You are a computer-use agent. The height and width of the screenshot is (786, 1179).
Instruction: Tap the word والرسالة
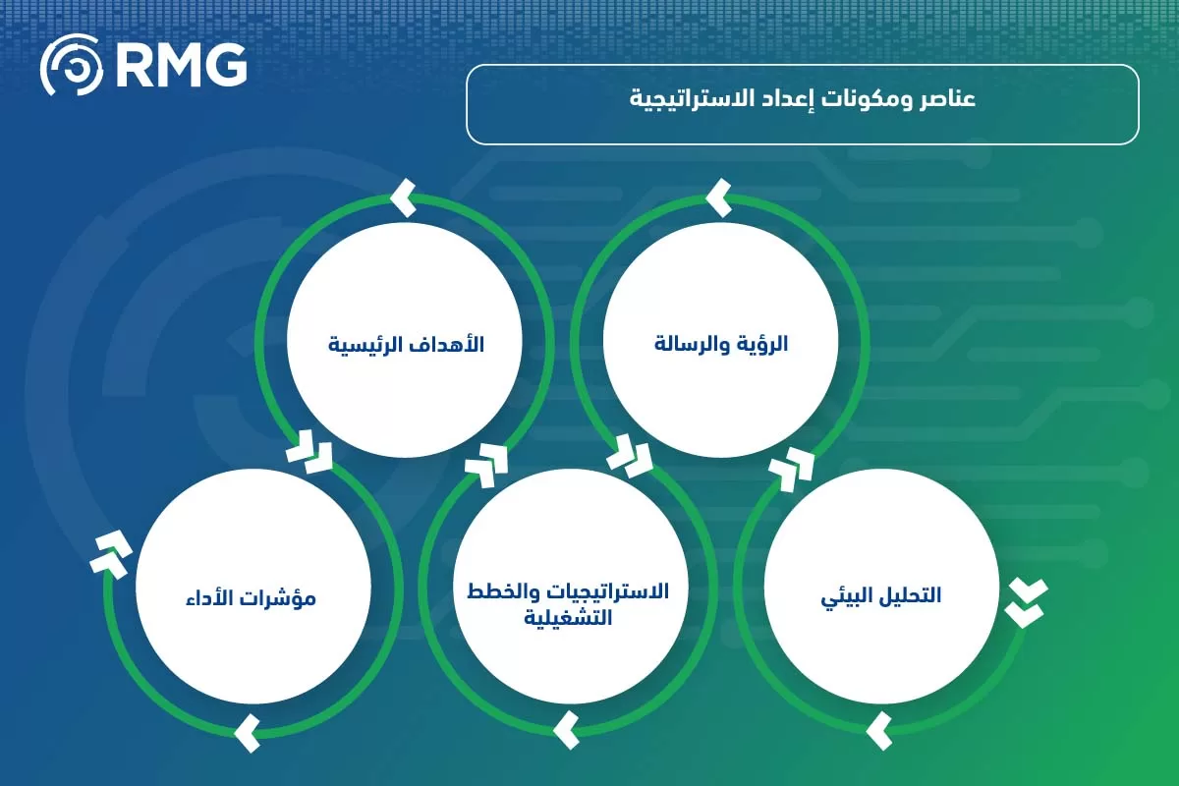tap(694, 345)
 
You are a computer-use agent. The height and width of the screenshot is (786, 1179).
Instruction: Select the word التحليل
tap(910, 596)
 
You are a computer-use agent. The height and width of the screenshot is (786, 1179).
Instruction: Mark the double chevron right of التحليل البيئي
tap(1026, 602)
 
